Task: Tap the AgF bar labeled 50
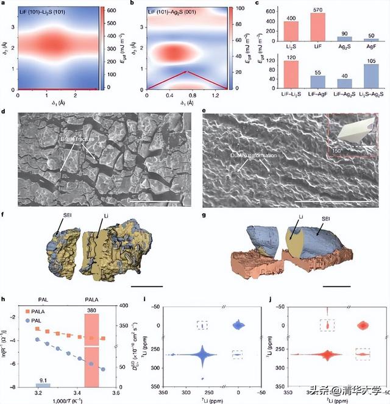[x=371, y=39]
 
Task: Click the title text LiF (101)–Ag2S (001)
[x=177, y=13]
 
